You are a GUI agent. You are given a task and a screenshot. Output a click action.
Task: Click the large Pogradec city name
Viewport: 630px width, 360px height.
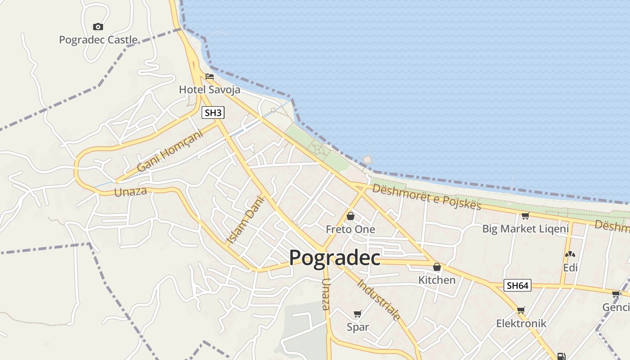pos(334,258)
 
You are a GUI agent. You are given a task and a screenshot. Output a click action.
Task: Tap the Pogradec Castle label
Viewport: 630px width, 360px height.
pos(98,40)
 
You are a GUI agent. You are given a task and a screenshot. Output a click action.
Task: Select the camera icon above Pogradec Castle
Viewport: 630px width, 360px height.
pos(98,27)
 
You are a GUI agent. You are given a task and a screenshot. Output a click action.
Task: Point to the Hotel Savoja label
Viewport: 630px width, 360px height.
pos(209,90)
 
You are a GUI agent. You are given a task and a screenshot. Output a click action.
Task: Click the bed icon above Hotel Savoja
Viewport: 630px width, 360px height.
pos(209,76)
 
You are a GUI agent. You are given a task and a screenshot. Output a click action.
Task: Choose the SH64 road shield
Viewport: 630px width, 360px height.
pos(517,285)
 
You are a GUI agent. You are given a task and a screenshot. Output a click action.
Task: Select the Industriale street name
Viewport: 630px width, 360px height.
pos(379,299)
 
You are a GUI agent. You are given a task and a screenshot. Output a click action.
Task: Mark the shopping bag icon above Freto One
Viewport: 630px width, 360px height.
pos(350,216)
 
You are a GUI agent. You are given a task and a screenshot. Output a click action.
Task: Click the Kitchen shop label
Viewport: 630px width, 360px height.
pos(437,280)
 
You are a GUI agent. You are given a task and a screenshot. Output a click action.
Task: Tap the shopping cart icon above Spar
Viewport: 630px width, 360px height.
pos(358,314)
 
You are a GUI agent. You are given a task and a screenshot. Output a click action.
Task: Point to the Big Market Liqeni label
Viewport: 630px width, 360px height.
pos(526,229)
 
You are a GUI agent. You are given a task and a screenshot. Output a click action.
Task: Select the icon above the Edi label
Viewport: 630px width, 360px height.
pos(570,255)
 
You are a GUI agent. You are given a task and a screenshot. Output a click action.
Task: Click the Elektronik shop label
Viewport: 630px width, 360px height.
pos(521,323)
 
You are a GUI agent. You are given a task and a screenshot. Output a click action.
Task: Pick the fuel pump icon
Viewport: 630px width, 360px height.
pos(561,356)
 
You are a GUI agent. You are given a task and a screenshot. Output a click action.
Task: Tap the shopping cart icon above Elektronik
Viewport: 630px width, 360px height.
pos(521,310)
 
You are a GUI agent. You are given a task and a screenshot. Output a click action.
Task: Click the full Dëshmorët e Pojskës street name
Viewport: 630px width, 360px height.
pos(427,197)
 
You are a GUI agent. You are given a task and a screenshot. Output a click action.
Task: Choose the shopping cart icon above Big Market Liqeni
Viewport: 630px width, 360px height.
pos(525,216)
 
